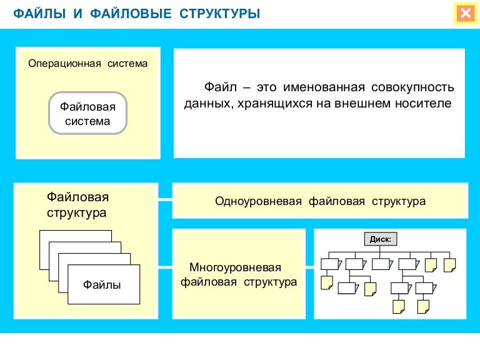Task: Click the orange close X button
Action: click(464, 13)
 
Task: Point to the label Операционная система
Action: click(88, 64)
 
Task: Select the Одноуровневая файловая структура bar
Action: click(319, 201)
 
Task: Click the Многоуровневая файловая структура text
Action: click(239, 274)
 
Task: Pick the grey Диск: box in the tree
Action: click(381, 239)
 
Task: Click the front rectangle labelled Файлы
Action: click(102, 285)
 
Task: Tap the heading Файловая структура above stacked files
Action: click(77, 205)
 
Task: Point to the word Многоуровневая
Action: click(239, 267)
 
